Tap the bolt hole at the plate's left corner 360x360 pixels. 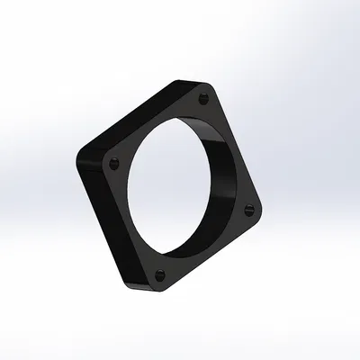coord(113,164)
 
